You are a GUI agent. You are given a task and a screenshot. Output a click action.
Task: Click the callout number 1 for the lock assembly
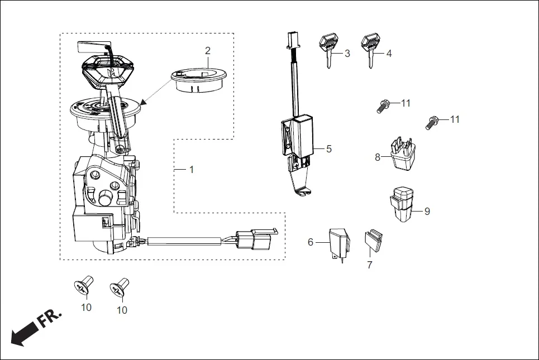(x=192, y=169)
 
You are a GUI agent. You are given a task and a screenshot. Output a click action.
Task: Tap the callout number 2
(x=208, y=51)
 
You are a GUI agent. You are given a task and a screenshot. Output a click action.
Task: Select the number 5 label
(x=329, y=148)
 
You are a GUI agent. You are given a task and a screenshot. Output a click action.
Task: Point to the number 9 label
(x=427, y=212)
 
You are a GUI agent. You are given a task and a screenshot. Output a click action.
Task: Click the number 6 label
(x=311, y=242)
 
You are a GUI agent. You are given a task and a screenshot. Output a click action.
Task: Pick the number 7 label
(x=369, y=265)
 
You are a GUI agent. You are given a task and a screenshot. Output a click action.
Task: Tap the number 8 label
(x=378, y=157)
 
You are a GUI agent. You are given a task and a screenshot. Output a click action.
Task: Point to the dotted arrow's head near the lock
(x=144, y=103)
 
